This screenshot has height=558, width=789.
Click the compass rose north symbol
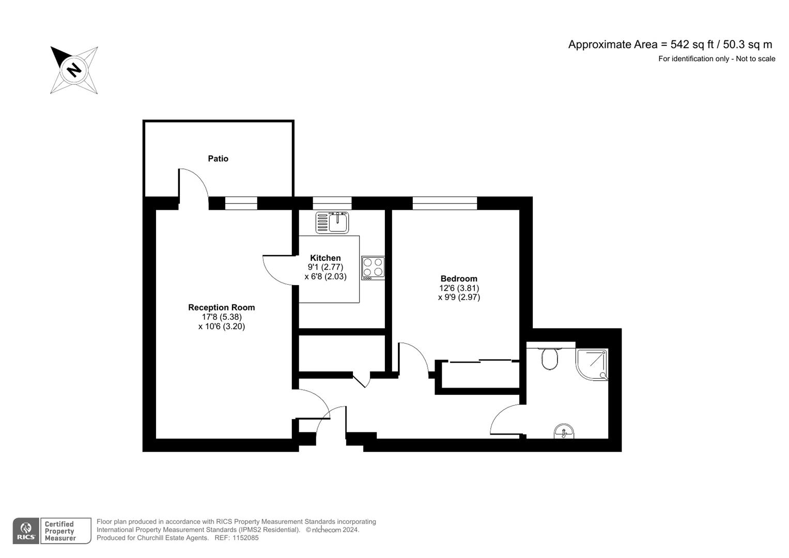[74, 70]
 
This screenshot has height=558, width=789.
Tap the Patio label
[218, 159]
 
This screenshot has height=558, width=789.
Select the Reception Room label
[221, 307]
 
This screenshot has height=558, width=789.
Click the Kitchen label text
[325, 258]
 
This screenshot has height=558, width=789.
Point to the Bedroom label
[458, 278]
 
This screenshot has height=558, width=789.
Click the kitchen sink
[333, 223]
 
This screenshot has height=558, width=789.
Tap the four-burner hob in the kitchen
[373, 268]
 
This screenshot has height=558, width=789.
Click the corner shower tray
[592, 365]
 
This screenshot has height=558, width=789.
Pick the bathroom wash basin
[564, 431]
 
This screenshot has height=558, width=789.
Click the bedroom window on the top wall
[444, 203]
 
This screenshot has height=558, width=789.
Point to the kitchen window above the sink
[332, 203]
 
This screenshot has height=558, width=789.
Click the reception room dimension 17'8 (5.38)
[221, 317]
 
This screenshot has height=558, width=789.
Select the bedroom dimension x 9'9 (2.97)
[459, 297]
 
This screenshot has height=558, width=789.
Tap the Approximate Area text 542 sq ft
[670, 44]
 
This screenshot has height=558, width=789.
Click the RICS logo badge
[25, 531]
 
